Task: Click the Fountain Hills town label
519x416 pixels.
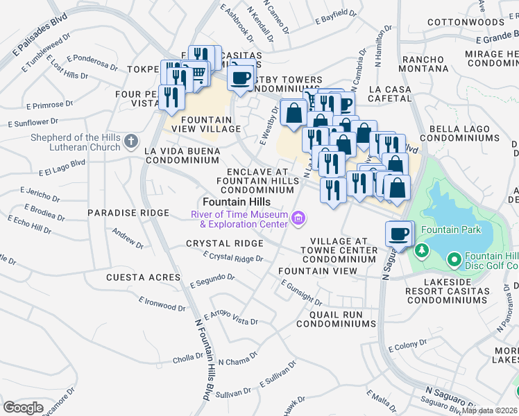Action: pyautogui.click(x=222, y=201)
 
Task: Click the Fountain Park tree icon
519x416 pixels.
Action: pyautogui.click(x=420, y=249)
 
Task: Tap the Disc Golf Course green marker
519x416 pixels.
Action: pyautogui.click(x=454, y=260)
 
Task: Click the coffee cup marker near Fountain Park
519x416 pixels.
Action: pyautogui.click(x=399, y=234)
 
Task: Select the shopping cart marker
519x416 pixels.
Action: pyautogui.click(x=198, y=73)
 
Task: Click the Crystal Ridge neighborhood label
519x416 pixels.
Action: pyautogui.click(x=224, y=243)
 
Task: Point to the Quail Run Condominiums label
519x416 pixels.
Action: pyautogui.click(x=335, y=318)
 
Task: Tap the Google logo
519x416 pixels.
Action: pyautogui.click(x=23, y=408)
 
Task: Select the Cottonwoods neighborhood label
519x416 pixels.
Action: pyautogui.click(x=464, y=22)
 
